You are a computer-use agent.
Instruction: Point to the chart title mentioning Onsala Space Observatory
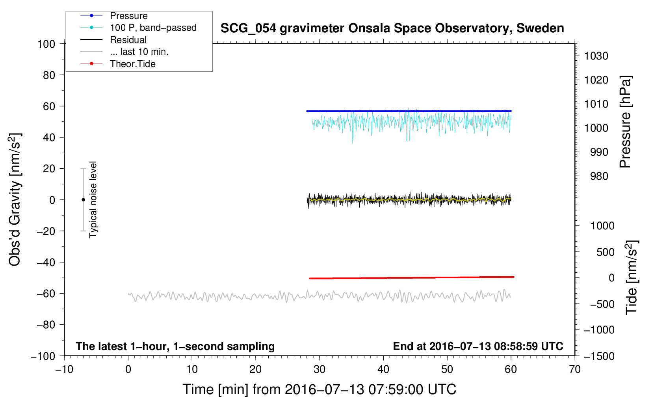[392, 28]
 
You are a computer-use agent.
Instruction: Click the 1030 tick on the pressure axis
[596, 56]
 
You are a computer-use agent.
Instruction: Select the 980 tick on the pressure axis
[599, 176]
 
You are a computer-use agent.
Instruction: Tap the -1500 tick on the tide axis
[599, 356]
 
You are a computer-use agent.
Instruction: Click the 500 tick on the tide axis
[606, 252]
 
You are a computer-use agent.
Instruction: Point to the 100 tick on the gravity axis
[46, 44]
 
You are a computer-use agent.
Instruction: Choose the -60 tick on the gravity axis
[46, 294]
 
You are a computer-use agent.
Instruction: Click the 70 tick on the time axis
[575, 370]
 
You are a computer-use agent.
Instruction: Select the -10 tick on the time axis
[64, 370]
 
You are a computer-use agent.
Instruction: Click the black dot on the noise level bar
[83, 200]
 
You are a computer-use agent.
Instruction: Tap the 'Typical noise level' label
[93, 200]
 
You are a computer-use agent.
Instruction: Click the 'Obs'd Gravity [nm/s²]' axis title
[15, 200]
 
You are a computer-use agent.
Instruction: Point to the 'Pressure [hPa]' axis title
[625, 122]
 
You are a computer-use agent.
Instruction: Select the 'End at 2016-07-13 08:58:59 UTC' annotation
[478, 346]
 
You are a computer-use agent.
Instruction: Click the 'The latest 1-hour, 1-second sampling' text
[175, 346]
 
